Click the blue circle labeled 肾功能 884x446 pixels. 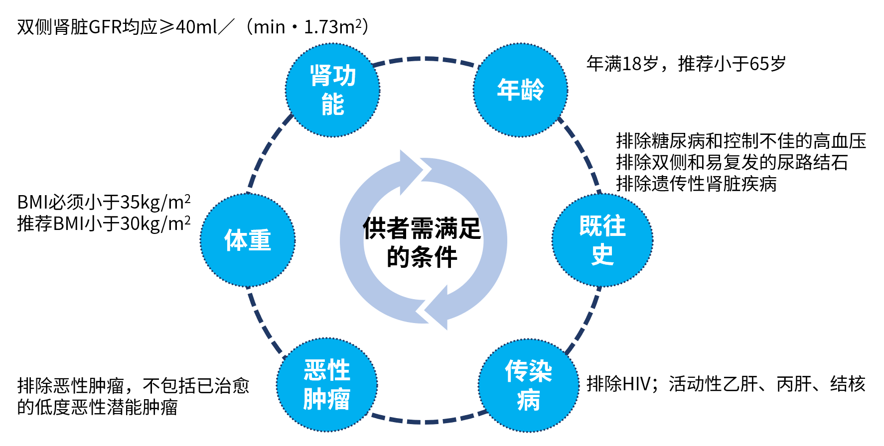(x=333, y=90)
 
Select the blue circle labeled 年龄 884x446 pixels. (x=520, y=90)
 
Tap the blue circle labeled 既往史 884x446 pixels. (x=602, y=240)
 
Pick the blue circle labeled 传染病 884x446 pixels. (x=528, y=385)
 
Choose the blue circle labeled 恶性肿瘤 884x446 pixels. (x=327, y=385)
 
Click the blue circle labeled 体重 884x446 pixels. (x=248, y=240)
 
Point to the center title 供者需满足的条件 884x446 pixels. (x=422, y=242)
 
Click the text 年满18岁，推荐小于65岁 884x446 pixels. (x=686, y=64)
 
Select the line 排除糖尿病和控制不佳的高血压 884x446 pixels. (x=741, y=141)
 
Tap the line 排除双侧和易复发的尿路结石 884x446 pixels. (x=732, y=162)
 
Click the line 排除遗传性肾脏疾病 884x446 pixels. (x=696, y=184)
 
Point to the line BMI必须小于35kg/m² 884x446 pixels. (x=104, y=202)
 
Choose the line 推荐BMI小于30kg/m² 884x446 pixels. (x=104, y=223)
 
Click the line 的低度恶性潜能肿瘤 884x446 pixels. (x=97, y=407)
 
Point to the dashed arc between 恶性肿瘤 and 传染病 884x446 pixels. (x=427, y=421)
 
